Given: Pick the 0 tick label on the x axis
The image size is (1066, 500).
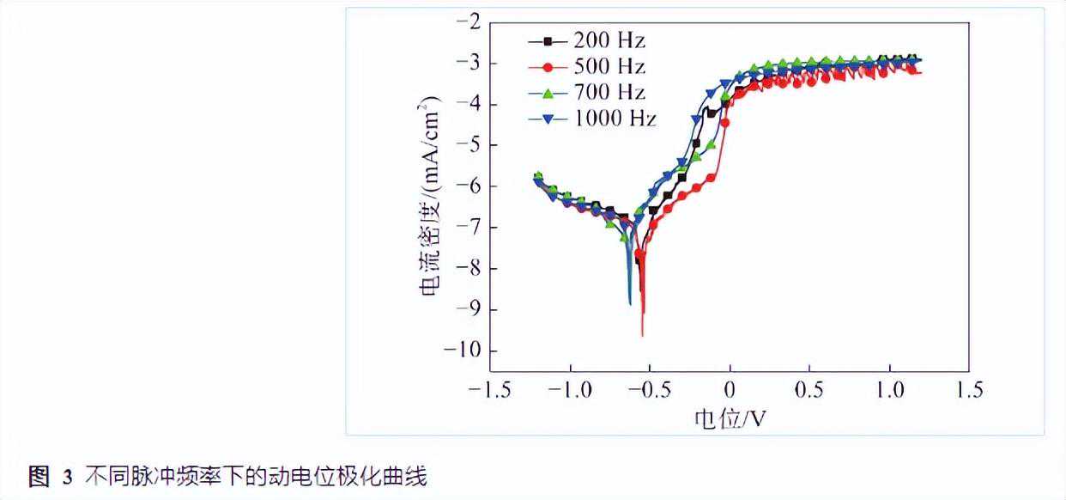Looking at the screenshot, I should coord(730,390).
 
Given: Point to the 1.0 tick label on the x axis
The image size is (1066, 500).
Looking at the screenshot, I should coord(889,390).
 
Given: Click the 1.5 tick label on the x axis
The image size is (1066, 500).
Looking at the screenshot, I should coord(969,390).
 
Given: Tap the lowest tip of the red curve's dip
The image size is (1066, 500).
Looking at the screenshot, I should coord(642,335).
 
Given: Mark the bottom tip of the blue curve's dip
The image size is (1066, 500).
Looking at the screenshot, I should coord(630,303).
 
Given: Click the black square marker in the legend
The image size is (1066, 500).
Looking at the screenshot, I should coord(546,40).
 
